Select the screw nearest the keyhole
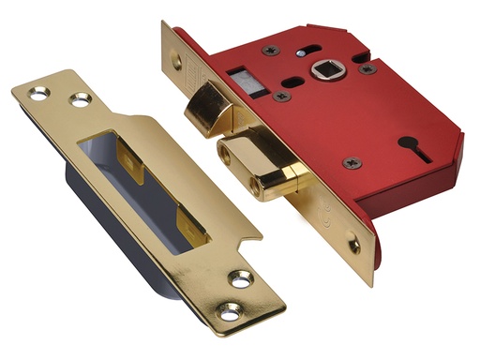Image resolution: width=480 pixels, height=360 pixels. [x=352, y=162]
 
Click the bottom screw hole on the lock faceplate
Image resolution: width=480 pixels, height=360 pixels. [x=353, y=247]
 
